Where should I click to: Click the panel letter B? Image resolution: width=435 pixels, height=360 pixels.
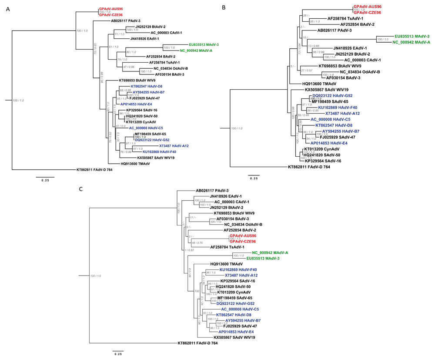tap(224, 7)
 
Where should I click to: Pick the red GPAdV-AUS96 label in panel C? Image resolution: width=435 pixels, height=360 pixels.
tap(243, 236)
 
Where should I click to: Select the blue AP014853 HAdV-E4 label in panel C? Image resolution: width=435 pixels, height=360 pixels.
tap(237, 331)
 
